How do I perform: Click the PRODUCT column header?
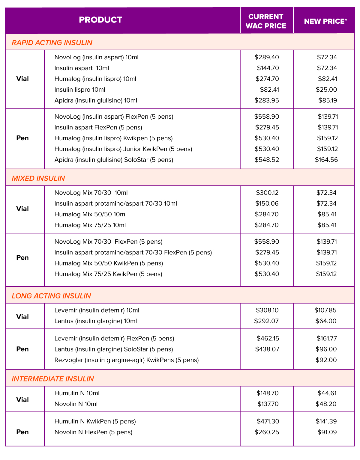coord(100,20)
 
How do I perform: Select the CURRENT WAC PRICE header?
coord(266,21)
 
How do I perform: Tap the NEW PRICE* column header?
coord(325,21)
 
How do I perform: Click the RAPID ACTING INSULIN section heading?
coord(52,43)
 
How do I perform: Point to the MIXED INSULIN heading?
coord(38,178)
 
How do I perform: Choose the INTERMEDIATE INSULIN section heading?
coord(52,379)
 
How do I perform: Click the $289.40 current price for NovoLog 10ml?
coord(266,57)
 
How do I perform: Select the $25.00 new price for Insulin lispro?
coord(326,90)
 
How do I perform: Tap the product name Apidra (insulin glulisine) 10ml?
coord(96,100)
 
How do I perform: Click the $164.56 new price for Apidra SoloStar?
coord(326,160)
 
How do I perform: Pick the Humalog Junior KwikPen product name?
coord(123,149)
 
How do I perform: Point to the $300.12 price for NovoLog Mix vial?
coord(267,193)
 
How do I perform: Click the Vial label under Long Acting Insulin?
coord(22,317)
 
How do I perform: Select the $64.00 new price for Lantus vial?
coord(326,321)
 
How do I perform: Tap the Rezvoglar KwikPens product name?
coord(127,360)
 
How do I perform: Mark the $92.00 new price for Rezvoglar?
coord(326,360)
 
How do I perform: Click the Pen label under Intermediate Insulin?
coord(22,432)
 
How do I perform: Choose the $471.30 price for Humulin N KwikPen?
coord(268,421)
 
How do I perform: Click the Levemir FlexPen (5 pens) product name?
coord(114,338)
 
